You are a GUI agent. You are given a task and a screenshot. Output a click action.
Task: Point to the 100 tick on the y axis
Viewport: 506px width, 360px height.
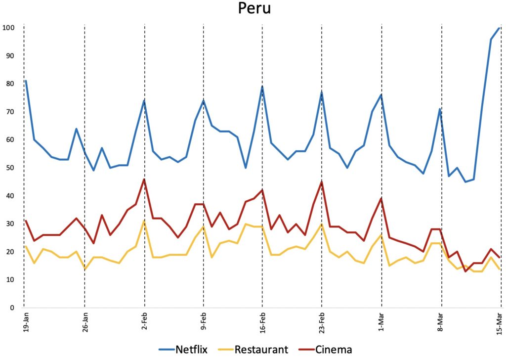[8, 27]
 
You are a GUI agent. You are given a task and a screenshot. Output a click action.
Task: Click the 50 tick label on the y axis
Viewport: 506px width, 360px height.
[10, 168]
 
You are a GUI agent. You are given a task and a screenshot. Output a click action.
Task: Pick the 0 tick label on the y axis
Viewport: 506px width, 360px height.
[12, 308]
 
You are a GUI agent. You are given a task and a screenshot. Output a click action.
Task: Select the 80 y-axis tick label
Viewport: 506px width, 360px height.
[10, 84]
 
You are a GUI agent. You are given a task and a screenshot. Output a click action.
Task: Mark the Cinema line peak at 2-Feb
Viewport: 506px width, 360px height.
[144, 179]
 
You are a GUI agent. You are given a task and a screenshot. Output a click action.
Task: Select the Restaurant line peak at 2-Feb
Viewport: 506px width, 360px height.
[144, 221]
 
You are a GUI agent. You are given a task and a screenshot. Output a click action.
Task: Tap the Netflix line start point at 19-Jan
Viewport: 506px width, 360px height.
[25, 81]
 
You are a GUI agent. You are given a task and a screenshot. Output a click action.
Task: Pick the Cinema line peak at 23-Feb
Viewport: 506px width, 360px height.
[322, 182]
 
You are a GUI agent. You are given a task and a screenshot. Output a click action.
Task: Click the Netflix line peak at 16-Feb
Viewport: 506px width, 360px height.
[262, 87]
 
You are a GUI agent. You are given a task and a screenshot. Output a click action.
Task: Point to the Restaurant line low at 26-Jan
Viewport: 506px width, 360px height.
[85, 269]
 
